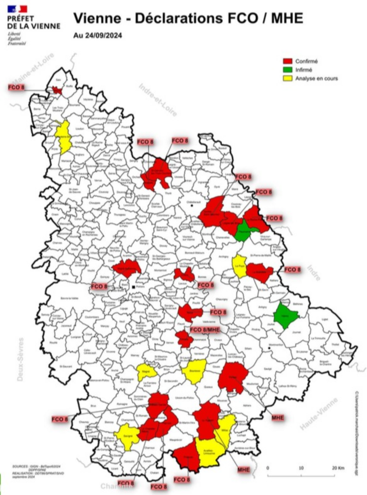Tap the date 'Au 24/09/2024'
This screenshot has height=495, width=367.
click(97, 35)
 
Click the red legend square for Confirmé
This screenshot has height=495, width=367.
click(287, 61)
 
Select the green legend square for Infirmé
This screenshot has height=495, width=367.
click(287, 70)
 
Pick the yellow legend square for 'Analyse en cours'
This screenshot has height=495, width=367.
click(287, 79)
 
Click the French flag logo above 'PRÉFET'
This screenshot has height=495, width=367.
click(17, 8)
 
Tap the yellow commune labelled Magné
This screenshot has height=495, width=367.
click(146, 372)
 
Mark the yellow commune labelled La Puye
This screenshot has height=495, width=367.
click(239, 266)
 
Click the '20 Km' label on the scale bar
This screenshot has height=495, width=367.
click(339, 467)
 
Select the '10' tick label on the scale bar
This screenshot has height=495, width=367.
click(301, 467)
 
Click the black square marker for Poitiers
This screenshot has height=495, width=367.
click(133, 286)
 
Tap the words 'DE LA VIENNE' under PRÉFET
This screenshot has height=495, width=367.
click(34, 26)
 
